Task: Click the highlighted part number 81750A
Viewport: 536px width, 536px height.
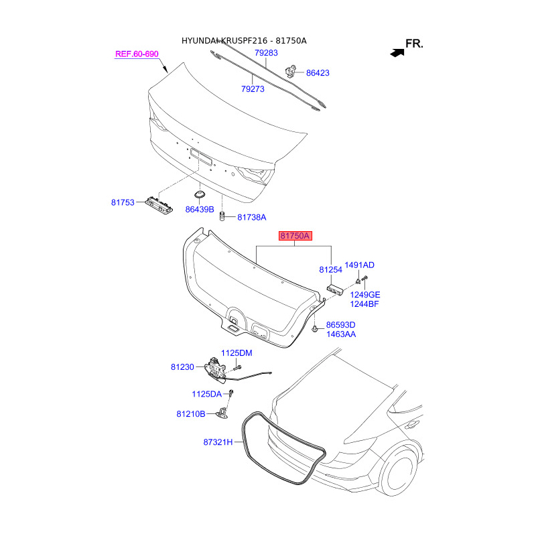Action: [295, 236]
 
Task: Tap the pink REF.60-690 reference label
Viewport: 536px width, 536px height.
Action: [137, 54]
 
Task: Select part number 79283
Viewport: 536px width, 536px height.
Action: [266, 52]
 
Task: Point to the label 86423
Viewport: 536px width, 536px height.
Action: [318, 72]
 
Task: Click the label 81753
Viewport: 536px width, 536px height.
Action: [123, 201]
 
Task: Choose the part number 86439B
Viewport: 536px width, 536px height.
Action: [199, 209]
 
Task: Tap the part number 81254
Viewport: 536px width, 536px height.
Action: [330, 269]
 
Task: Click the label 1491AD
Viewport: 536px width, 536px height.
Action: [359, 265]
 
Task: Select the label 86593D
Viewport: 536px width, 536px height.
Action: [340, 325]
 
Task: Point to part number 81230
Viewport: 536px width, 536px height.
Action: [182, 367]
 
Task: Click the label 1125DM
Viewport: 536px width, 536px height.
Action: [237, 353]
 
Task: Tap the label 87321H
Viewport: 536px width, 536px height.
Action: [218, 442]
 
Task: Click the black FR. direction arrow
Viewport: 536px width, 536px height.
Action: [396, 50]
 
